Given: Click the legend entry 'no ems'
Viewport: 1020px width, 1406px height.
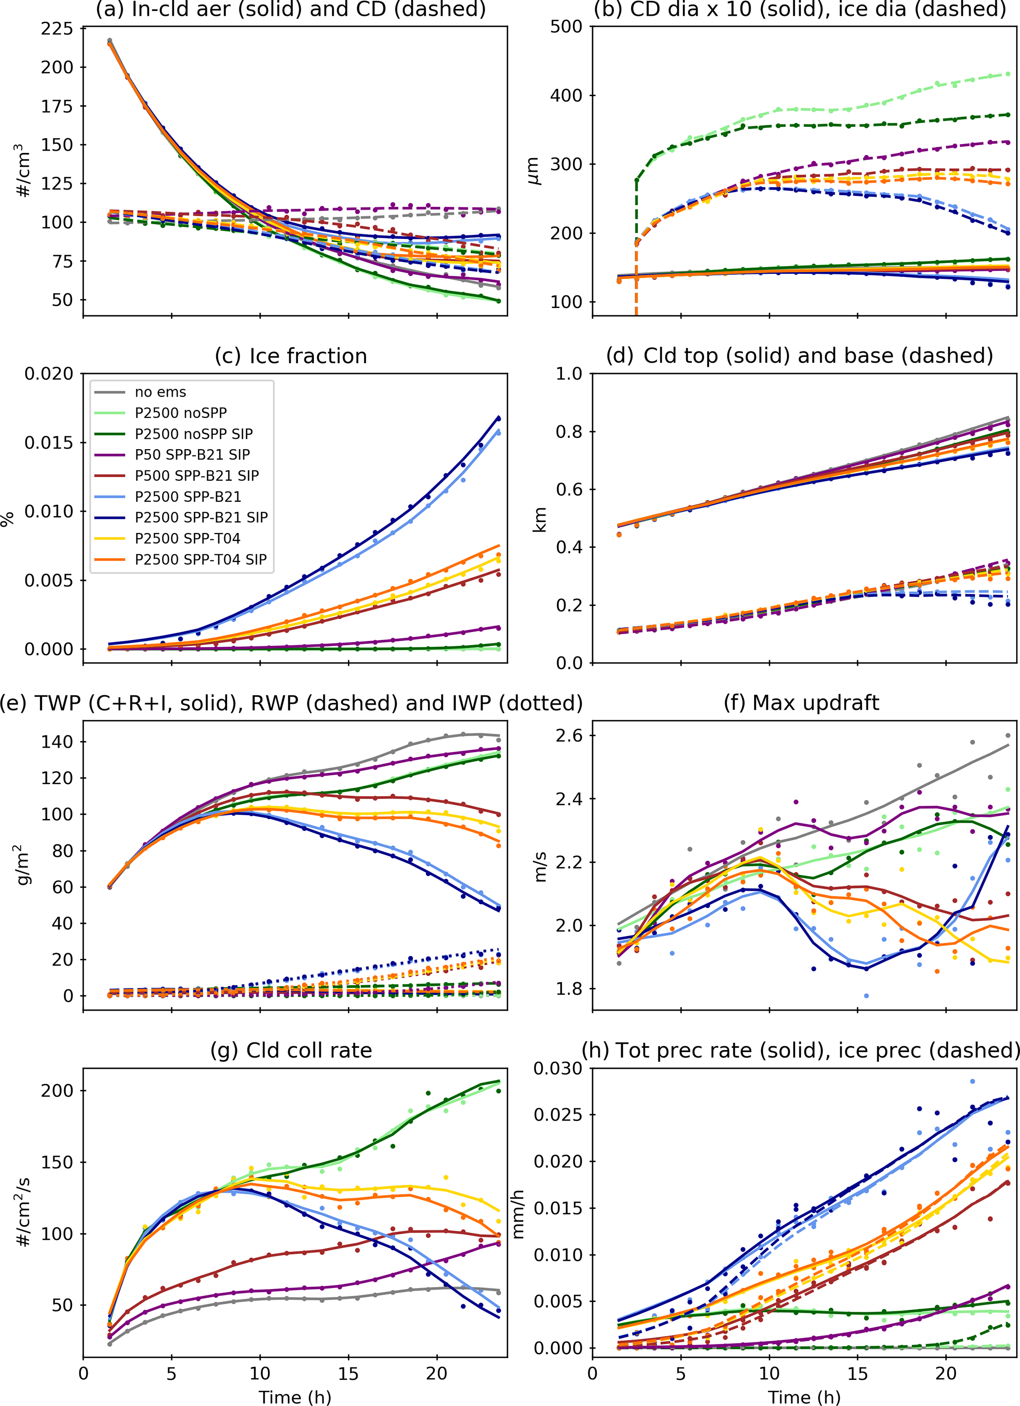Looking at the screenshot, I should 160,392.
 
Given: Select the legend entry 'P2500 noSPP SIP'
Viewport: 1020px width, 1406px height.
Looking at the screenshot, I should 193,433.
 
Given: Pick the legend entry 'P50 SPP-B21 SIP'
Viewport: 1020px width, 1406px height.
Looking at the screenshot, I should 192,455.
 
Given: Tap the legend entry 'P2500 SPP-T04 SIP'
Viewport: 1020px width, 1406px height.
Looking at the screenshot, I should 200,559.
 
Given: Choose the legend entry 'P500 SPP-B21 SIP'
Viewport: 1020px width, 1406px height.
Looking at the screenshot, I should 196,475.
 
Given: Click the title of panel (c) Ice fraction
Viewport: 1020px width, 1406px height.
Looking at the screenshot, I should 291,356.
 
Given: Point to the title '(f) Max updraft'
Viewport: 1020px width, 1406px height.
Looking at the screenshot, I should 801,703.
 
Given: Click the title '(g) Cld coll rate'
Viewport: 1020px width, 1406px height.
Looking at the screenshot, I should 291,1050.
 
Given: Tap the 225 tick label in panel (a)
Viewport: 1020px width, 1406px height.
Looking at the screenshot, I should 57,29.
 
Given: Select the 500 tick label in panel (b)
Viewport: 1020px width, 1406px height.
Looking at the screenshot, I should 566,27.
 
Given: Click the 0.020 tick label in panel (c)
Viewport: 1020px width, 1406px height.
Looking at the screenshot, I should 48,374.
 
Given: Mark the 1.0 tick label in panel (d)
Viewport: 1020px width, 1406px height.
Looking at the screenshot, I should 568,374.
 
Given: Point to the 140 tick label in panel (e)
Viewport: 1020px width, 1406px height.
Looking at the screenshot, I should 57,741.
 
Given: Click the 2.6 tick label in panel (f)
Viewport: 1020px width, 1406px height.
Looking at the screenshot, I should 568,736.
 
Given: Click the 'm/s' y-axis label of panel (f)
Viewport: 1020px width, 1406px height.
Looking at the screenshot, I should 540,867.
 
